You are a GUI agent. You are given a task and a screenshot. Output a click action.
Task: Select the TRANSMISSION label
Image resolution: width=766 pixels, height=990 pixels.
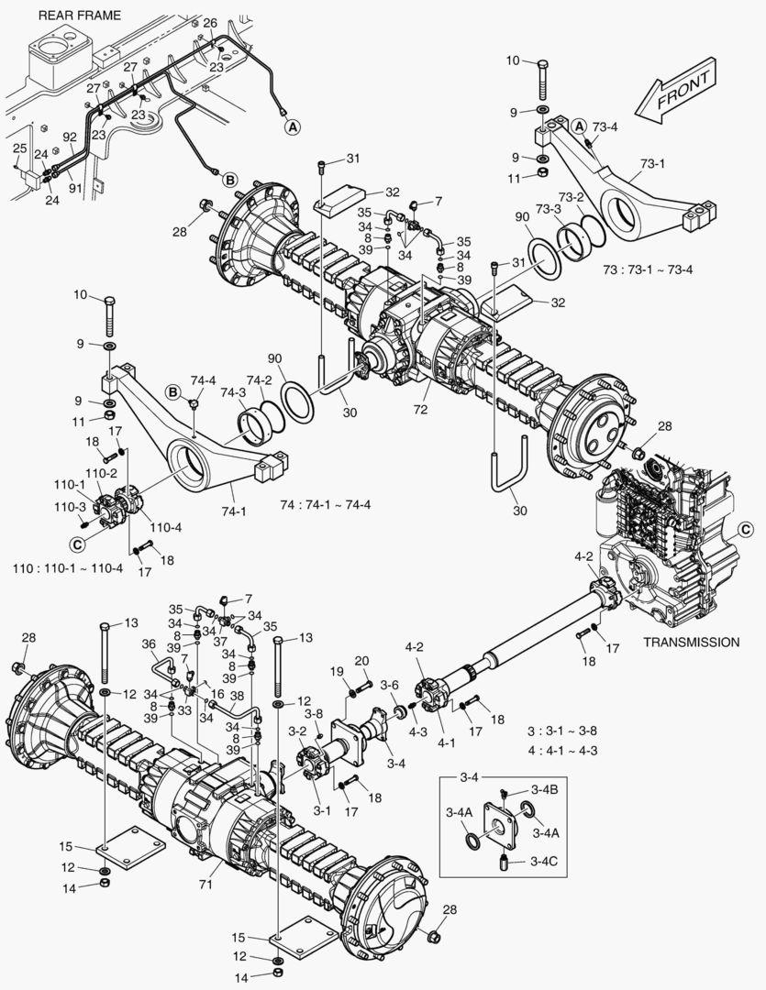pos(691,642)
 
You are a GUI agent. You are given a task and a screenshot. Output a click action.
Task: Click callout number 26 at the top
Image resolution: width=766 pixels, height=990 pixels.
pos(210,22)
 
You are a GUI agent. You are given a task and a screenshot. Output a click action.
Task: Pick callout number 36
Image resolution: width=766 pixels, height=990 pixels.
pos(150,644)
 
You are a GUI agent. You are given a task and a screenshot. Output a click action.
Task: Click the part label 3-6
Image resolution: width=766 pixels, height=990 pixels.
pos(390,685)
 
